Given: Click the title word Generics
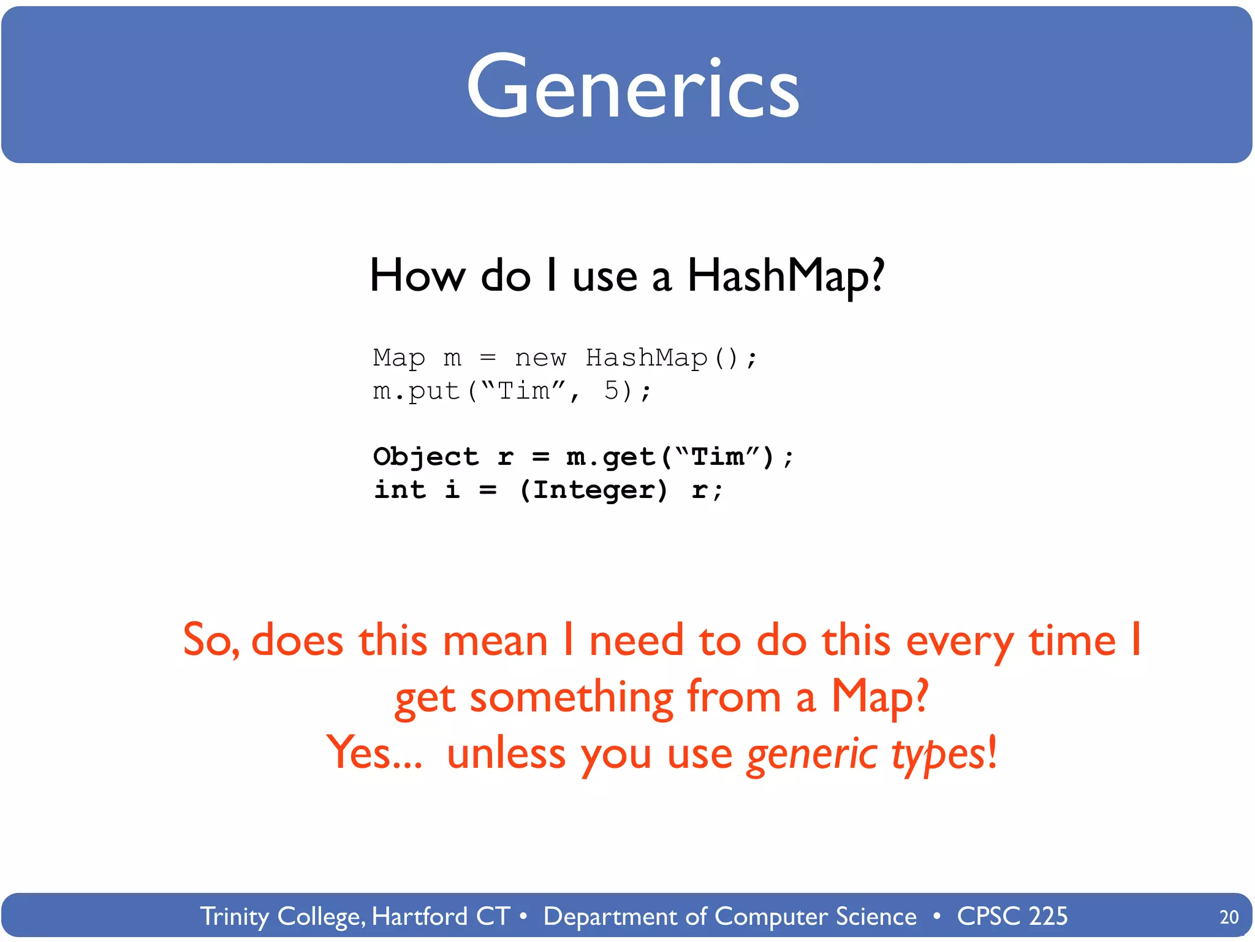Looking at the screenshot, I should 632,87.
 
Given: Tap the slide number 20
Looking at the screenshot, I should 1229,917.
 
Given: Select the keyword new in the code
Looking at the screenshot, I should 540,358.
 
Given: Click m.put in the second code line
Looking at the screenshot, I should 417,391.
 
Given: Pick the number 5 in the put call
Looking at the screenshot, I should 612,391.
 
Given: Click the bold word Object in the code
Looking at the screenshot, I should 425,457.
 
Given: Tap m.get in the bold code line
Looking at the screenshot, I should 610,458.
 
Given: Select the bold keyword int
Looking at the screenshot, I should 400,490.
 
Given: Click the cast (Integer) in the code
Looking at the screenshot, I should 593,490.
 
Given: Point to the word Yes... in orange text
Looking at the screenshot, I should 374,753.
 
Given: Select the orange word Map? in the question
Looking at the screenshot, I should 879,697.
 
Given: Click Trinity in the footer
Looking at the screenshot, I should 235,916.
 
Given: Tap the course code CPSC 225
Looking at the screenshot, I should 1012,916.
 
